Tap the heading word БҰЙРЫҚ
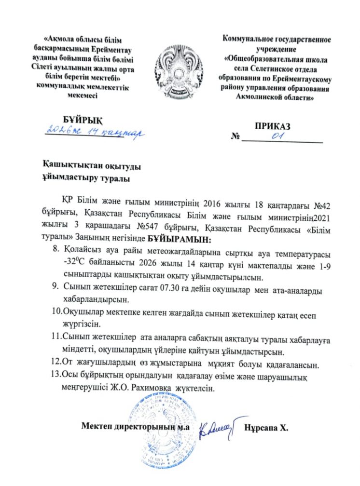pyautogui.click(x=83, y=120)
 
